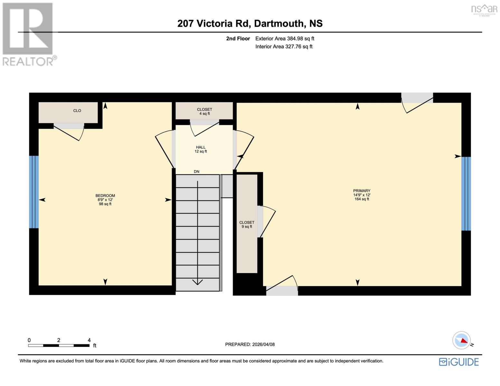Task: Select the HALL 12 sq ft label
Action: click(201, 149)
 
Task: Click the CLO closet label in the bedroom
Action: click(77, 111)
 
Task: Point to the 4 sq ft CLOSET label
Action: click(204, 111)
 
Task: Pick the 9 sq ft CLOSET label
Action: click(247, 224)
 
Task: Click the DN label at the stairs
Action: click(196, 171)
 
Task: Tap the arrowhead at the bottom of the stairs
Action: click(197, 282)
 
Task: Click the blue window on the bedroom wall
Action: click(34, 192)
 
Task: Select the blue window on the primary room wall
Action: click(466, 194)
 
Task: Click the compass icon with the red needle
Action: click(462, 340)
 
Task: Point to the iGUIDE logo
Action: click(459, 362)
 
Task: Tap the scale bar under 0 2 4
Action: click(59, 345)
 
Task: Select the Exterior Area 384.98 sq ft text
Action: click(285, 39)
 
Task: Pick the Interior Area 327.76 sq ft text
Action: click(284, 47)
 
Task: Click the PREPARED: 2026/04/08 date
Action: click(250, 345)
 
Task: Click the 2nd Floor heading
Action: click(238, 39)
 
